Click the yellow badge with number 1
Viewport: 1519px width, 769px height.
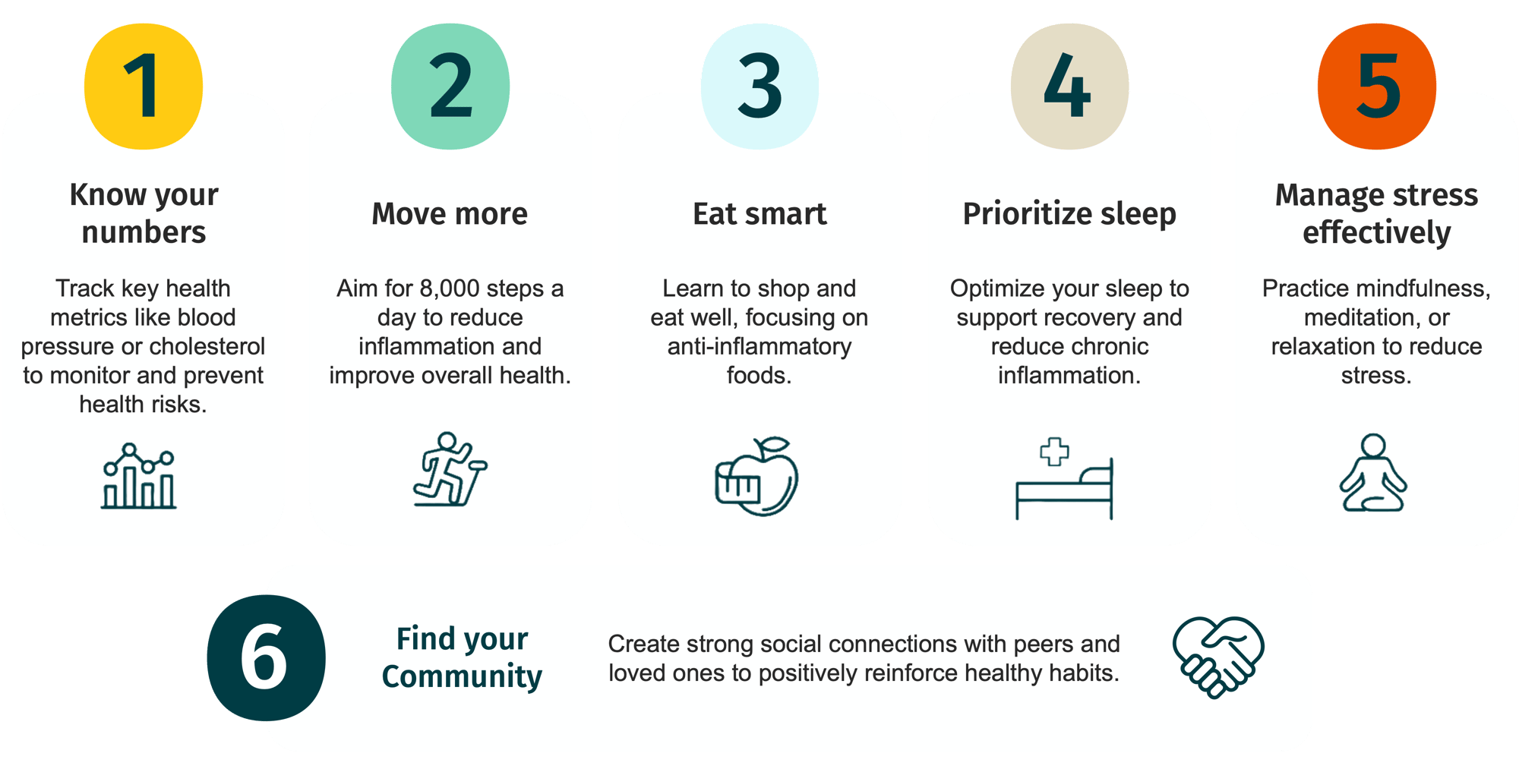144,87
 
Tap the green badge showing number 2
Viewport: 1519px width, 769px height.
450,87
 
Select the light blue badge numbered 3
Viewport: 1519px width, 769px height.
759,87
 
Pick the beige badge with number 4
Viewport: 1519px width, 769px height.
1069,87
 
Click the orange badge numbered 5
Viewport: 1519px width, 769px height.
1376,87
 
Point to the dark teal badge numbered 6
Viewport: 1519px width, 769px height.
267,657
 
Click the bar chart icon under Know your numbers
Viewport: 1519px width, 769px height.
139,476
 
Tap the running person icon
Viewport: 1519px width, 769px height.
450,469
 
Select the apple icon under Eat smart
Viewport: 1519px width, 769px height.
757,477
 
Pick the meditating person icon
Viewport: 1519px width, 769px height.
1373,472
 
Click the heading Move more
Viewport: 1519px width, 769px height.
450,214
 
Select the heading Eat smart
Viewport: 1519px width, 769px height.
759,214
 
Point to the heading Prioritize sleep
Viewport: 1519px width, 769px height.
1069,215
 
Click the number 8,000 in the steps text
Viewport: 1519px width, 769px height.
450,288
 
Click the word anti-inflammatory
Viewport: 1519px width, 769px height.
759,346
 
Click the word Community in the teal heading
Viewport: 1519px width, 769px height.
462,676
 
